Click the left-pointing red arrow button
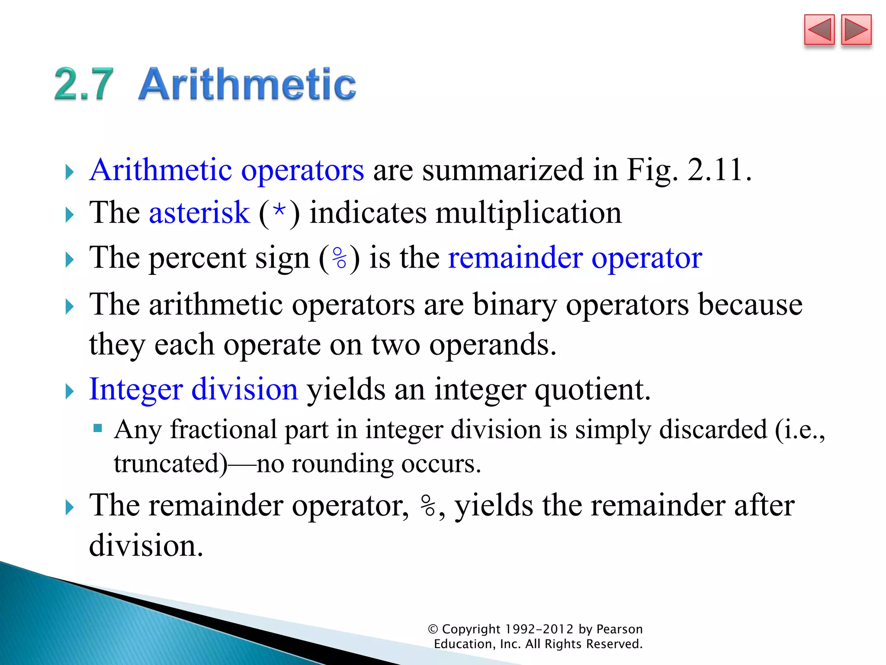(819, 30)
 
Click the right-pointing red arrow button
(856, 30)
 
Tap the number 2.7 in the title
(84, 84)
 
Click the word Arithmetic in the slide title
(247, 84)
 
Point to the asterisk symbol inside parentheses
(279, 212)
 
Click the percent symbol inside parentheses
(340, 258)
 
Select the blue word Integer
(136, 390)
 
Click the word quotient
(592, 390)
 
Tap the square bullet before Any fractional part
(98, 429)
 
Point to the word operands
(492, 345)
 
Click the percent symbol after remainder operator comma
(428, 506)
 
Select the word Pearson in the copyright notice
(620, 629)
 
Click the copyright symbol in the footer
(433, 629)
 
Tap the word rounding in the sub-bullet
(343, 464)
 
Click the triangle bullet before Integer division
(69, 391)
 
